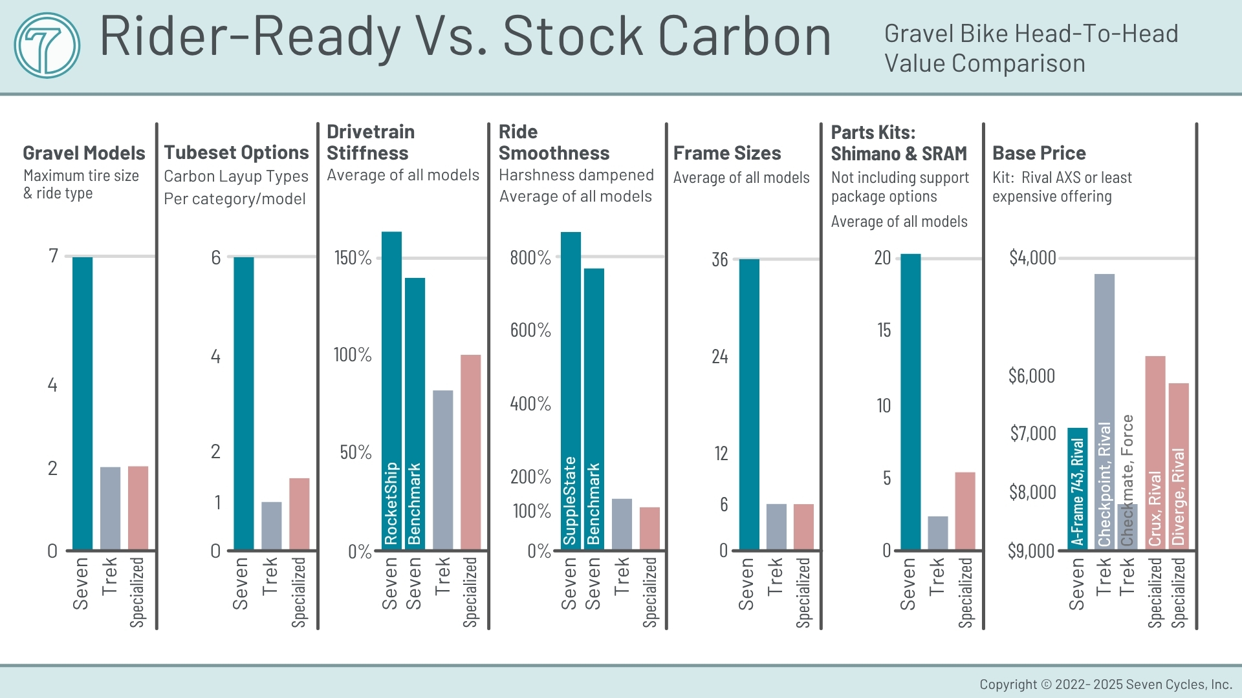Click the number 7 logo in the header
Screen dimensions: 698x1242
tap(47, 45)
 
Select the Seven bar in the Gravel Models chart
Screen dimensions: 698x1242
tap(82, 403)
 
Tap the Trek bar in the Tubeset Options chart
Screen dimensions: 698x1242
tap(272, 525)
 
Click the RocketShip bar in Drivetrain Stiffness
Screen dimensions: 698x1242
tap(391, 390)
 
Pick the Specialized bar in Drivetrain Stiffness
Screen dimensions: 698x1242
tap(470, 452)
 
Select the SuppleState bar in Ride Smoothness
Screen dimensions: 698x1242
tap(571, 390)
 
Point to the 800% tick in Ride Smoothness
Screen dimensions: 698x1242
tap(530, 258)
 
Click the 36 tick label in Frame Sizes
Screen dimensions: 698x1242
tap(719, 260)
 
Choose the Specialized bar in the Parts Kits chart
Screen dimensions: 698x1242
tap(964, 511)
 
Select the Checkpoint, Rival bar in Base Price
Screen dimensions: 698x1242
tap(1104, 411)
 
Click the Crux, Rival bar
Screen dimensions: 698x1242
tap(1155, 452)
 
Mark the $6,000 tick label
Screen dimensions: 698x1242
tap(1031, 375)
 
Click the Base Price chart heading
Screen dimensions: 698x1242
tap(1039, 153)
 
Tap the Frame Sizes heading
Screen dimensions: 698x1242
tap(726, 153)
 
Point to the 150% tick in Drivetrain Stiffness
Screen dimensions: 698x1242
tap(353, 258)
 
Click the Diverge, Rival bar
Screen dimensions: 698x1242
tap(1179, 466)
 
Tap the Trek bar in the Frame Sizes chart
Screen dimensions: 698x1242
tap(776, 527)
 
